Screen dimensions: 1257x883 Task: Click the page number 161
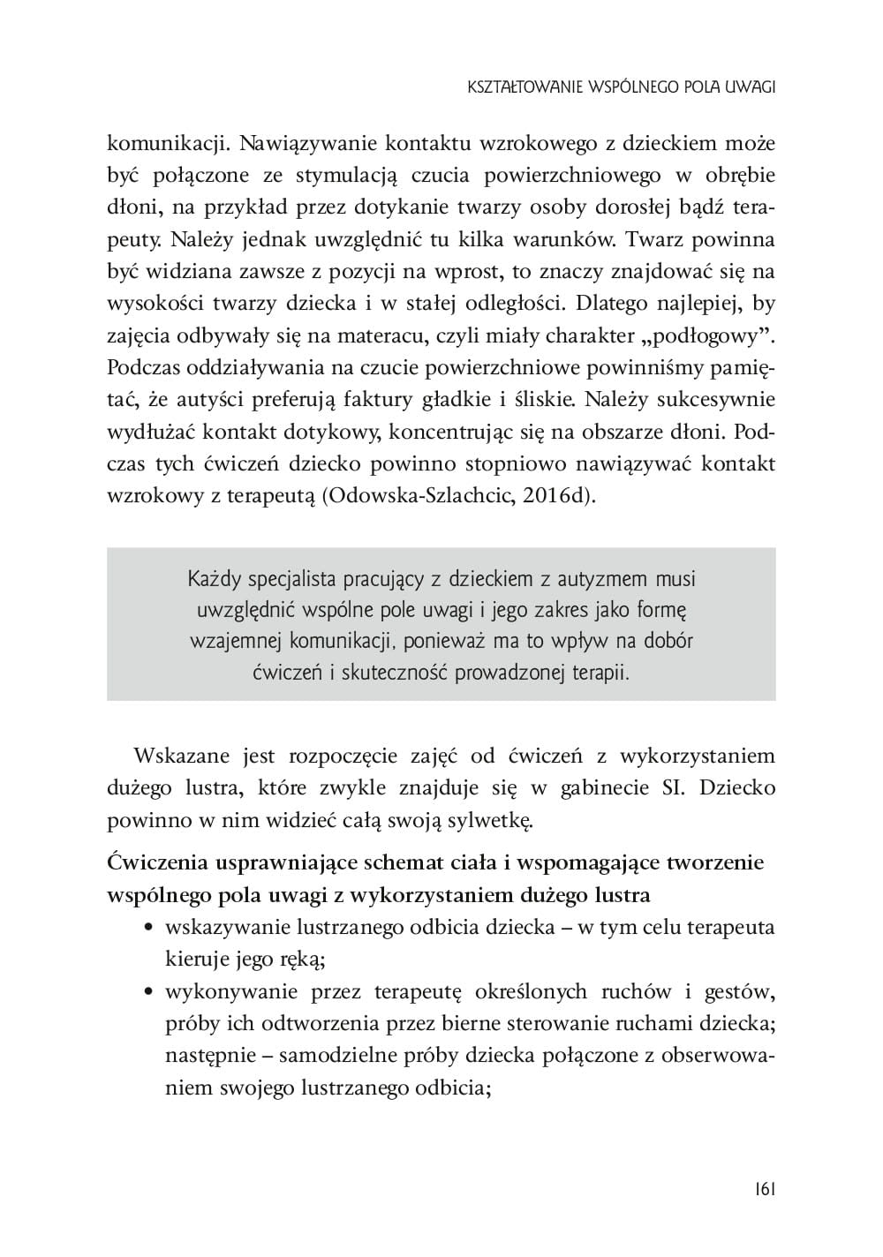click(765, 1190)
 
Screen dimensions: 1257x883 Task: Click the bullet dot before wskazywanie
click(149, 928)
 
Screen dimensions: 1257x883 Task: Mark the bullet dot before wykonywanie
click(149, 992)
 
